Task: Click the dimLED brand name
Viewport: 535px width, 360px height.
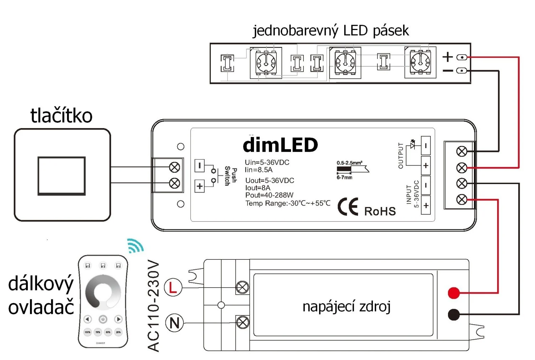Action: (x=280, y=145)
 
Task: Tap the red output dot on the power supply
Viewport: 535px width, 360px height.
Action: (x=454, y=293)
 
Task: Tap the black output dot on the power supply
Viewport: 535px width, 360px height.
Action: (x=454, y=314)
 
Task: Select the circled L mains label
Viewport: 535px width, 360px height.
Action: (x=173, y=287)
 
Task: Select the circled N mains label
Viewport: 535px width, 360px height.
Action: (x=174, y=323)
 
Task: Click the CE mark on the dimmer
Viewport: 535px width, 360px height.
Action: (x=348, y=207)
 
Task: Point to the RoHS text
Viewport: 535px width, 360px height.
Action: (x=380, y=211)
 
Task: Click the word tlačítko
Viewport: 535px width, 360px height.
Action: (x=61, y=116)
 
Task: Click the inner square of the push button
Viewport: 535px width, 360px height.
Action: (x=62, y=176)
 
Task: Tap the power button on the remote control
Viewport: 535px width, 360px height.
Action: (x=103, y=319)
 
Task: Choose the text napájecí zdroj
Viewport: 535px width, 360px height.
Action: (x=346, y=306)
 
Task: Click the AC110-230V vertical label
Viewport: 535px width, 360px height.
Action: (x=153, y=306)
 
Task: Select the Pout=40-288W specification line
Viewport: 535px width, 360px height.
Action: (x=269, y=195)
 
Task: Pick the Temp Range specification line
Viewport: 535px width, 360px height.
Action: (x=287, y=203)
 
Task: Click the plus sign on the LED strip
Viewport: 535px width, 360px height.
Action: (x=448, y=57)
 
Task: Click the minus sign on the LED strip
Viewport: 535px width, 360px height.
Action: (x=448, y=71)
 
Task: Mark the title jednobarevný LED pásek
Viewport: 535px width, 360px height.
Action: (x=331, y=31)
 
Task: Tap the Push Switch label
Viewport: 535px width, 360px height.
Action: (x=231, y=176)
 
